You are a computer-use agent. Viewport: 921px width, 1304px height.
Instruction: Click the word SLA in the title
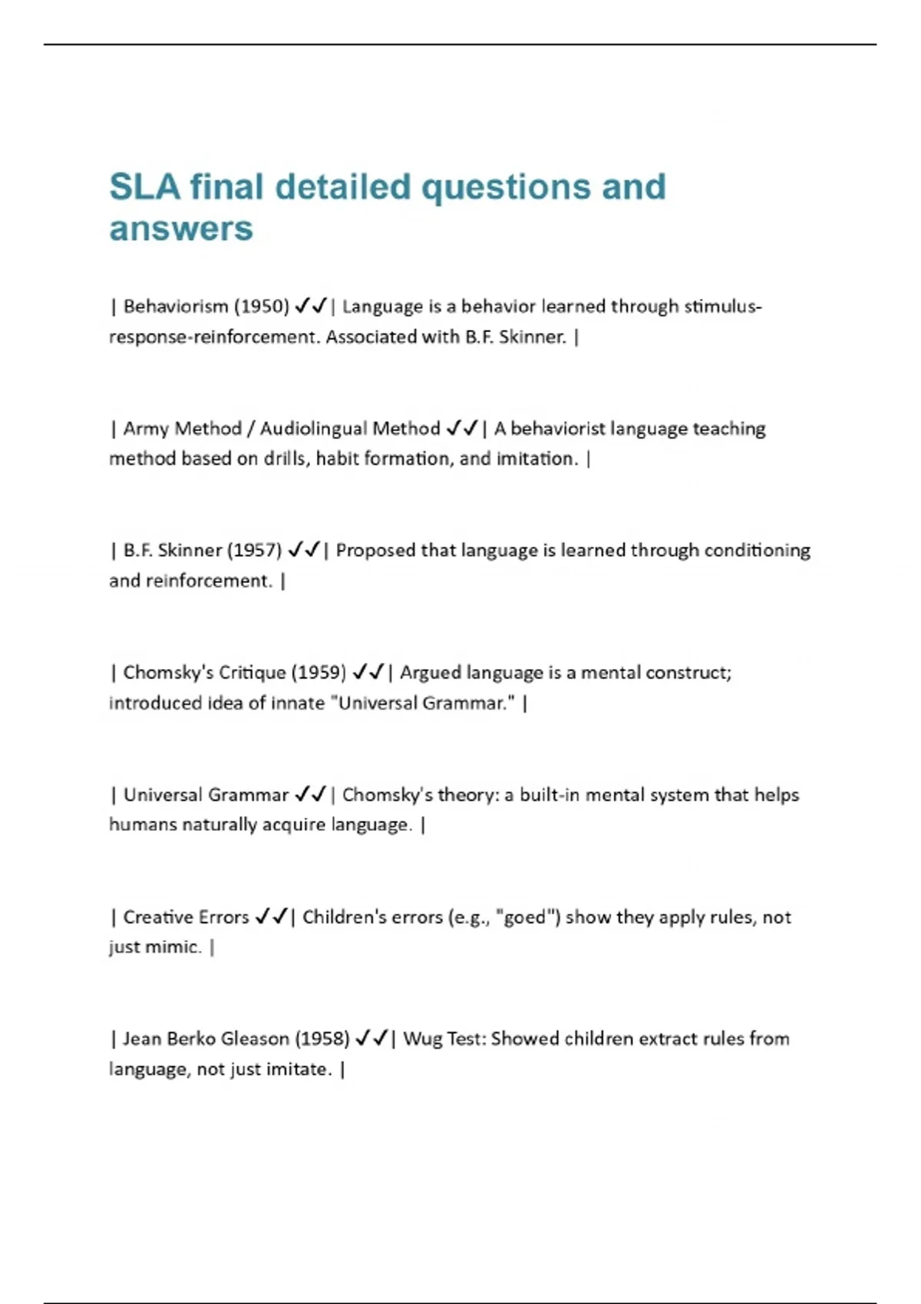(144, 187)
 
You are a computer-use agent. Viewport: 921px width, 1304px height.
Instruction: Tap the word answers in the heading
(181, 229)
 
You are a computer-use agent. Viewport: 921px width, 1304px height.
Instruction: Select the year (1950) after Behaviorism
(261, 307)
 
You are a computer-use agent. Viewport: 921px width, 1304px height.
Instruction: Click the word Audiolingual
(350, 429)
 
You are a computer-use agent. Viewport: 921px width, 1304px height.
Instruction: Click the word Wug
(422, 1039)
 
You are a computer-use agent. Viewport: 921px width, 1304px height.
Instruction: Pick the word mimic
(178, 947)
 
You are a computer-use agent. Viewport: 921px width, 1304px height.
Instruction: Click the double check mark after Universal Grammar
(310, 795)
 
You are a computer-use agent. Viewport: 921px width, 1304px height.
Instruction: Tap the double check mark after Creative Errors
(271, 917)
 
